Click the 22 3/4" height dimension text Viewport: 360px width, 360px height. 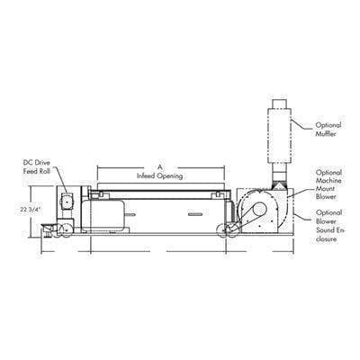29,210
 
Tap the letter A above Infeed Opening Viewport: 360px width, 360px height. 160,166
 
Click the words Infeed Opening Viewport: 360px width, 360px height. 160,175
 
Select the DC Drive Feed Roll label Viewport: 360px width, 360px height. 37,167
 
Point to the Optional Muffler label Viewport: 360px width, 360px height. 328,130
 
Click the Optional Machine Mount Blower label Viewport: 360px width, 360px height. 328,184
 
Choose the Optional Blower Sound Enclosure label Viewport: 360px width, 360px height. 329,226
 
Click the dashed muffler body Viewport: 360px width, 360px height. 280,136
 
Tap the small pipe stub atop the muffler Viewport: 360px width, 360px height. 280,104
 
